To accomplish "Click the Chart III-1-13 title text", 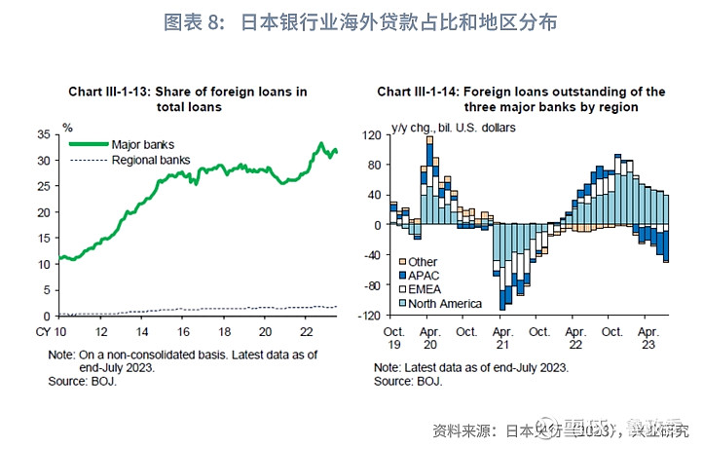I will point(187,99).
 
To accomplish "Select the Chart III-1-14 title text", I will point(521,99).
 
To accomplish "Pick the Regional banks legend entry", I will point(151,159).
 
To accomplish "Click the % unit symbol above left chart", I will point(67,127).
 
